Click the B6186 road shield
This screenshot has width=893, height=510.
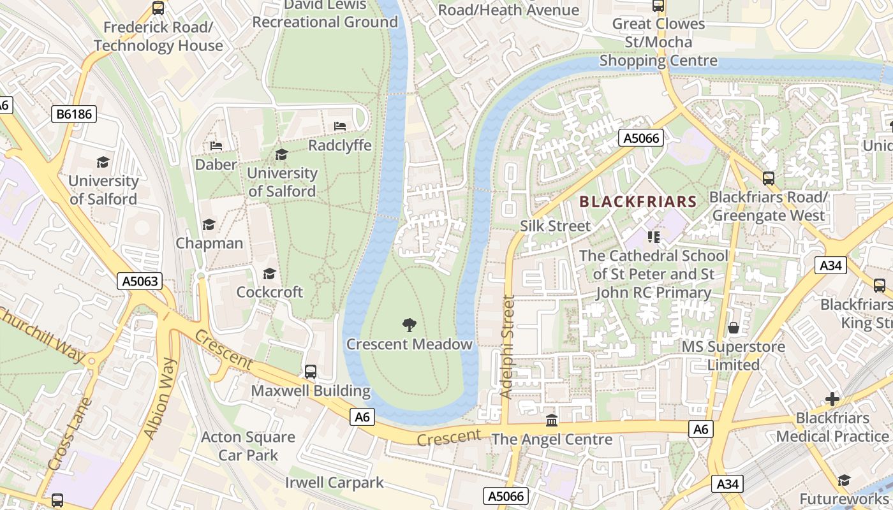(x=74, y=115)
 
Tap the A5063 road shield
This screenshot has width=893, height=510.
(x=139, y=281)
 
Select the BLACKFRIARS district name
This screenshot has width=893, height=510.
(x=638, y=202)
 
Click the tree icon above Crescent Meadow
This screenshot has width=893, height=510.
(x=409, y=326)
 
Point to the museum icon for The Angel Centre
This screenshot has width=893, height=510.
(x=552, y=421)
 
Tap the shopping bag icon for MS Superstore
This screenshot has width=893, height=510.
(x=734, y=328)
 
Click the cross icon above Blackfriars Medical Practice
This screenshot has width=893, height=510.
(x=832, y=399)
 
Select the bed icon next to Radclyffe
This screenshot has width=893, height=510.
(x=340, y=126)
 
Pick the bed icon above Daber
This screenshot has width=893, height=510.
(x=216, y=145)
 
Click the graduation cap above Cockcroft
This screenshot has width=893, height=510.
(x=269, y=273)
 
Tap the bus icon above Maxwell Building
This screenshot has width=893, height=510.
(x=311, y=371)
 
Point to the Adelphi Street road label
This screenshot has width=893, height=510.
(x=508, y=347)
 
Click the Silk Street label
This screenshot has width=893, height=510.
(x=555, y=226)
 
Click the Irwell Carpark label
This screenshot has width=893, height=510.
(x=334, y=482)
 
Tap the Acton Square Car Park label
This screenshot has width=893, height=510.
(x=248, y=446)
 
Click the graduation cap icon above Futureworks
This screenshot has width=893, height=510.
(x=844, y=480)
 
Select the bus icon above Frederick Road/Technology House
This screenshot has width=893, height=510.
(x=158, y=9)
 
